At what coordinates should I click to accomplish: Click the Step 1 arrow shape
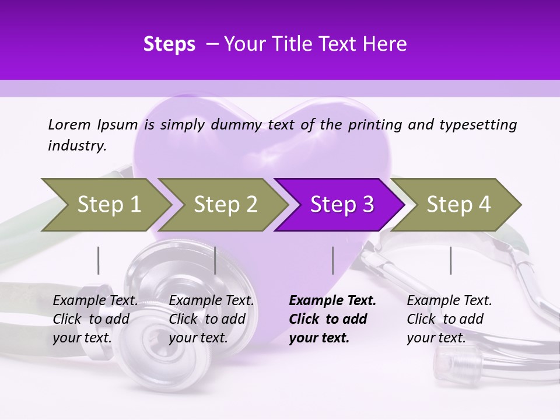[x=108, y=205]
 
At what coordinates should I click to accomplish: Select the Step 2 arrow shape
[x=225, y=205]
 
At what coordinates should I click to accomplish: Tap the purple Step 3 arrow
[x=342, y=205]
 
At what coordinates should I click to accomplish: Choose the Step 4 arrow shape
[x=459, y=205]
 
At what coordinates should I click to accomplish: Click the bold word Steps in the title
[x=169, y=44]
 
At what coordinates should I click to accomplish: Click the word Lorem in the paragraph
[x=69, y=124]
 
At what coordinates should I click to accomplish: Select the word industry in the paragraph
[x=76, y=146]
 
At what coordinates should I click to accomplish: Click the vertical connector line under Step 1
[x=98, y=260]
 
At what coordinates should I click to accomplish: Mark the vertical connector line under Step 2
[x=215, y=260]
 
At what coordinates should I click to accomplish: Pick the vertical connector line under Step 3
[x=332, y=260]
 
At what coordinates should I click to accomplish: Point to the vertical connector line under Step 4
[x=450, y=260]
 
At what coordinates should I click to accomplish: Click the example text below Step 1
[x=95, y=319]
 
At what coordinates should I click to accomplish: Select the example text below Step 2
[x=211, y=319]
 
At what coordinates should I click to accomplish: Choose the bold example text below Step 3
[x=332, y=319]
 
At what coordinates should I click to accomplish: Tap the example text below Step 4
[x=449, y=319]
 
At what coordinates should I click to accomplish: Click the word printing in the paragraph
[x=376, y=124]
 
